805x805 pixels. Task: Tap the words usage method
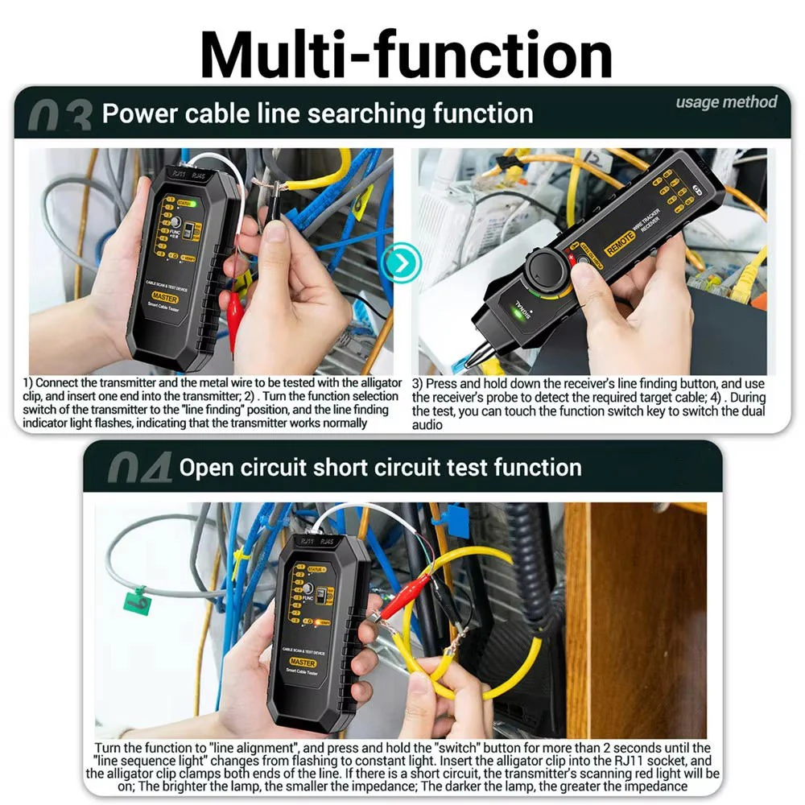click(726, 102)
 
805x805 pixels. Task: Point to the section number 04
click(138, 469)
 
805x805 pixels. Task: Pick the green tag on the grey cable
click(138, 600)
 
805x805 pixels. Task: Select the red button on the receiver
click(572, 259)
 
